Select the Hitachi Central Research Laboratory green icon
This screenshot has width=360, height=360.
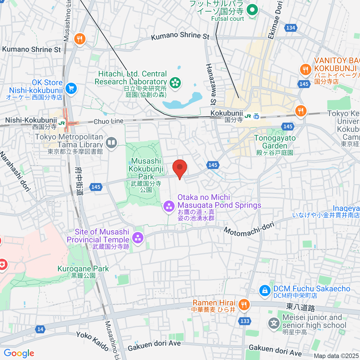click(x=175, y=82)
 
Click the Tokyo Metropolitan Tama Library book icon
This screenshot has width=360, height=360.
click(x=112, y=142)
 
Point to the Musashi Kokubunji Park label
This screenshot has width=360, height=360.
click(x=146, y=169)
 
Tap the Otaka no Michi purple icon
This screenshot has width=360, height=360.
click(x=169, y=206)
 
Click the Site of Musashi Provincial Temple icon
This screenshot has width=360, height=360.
click(x=138, y=238)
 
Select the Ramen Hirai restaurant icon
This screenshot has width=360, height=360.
click(x=244, y=305)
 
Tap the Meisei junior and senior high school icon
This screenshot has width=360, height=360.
click(x=274, y=323)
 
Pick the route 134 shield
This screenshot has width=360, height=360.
click(x=290, y=28)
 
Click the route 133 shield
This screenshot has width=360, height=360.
click(x=245, y=321)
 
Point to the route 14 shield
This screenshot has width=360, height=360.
click(x=40, y=329)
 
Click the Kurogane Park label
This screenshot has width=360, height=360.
click(x=83, y=269)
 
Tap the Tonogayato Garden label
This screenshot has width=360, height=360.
click(x=275, y=142)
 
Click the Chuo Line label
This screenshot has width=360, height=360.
click(x=108, y=121)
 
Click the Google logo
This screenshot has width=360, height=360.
click(x=19, y=353)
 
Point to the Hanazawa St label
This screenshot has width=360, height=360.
click(x=211, y=84)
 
